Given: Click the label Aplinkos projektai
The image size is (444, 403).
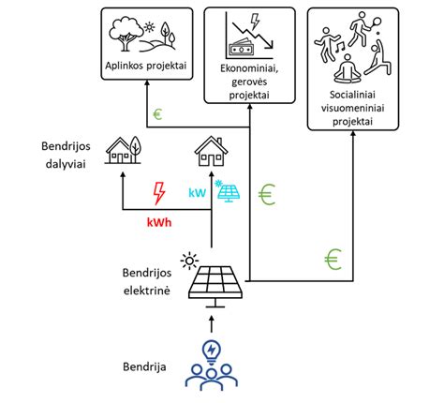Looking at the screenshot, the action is [146, 66].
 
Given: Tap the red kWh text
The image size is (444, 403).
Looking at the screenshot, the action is [159, 222].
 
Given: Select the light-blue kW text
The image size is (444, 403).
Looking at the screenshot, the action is [198, 193].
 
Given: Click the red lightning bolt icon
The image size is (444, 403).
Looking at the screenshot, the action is [159, 193].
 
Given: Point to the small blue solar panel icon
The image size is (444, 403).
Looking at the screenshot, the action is [229, 191].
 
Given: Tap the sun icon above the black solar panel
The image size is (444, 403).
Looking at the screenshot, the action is [189, 261].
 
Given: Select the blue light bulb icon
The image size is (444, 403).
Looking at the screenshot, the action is [212, 352].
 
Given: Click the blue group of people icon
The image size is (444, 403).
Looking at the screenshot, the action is [212, 378].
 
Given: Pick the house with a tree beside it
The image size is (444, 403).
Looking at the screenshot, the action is [123, 150].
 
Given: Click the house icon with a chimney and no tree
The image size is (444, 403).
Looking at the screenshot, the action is [211, 151].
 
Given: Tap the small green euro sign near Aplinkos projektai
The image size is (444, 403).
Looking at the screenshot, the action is [157, 114].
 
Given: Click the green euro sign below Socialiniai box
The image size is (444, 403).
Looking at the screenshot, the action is [333, 260].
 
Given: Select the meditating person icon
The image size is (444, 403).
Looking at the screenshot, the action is [348, 69].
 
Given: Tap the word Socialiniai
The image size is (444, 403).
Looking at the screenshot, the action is [352, 95].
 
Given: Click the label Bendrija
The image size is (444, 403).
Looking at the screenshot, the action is [144, 366].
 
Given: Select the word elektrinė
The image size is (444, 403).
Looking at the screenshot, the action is [147, 291].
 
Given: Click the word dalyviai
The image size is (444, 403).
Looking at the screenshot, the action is [66, 164].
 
